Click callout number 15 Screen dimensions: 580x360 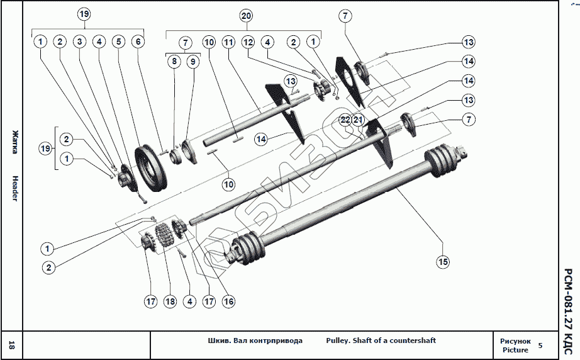click(x=443, y=262)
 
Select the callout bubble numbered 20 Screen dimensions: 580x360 click(x=247, y=16)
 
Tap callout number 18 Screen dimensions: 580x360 click(x=170, y=301)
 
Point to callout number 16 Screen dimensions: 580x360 click(x=228, y=301)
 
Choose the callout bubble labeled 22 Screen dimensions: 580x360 click(x=345, y=120)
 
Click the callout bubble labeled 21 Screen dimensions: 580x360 click(x=358, y=120)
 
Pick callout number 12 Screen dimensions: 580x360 click(x=248, y=42)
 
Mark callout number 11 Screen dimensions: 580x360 click(x=228, y=42)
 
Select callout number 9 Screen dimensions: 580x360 click(x=192, y=62)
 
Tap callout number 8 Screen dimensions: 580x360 click(x=174, y=62)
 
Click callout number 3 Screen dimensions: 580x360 click(x=79, y=42)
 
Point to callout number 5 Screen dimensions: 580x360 click(x=119, y=42)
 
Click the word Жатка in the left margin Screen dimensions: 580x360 click(x=15, y=142)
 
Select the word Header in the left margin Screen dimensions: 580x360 click(x=15, y=188)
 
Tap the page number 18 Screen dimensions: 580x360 click(x=11, y=345)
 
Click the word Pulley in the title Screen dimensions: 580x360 click(x=337, y=340)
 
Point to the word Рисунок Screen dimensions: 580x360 click(x=515, y=341)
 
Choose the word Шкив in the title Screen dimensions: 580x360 click(x=219, y=340)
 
